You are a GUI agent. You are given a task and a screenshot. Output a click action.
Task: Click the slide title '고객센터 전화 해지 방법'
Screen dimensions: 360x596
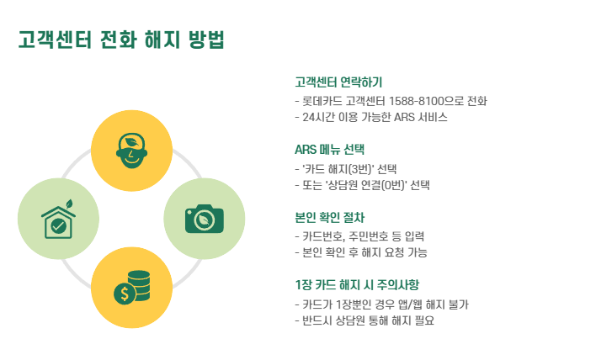[x=121, y=40]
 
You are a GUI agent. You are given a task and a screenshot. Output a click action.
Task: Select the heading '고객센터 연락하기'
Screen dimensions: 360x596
[x=338, y=82]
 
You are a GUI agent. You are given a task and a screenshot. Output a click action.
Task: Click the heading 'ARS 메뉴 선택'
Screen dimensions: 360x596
[x=330, y=150]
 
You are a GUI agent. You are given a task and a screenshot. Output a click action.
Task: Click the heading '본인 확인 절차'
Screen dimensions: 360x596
[x=330, y=217]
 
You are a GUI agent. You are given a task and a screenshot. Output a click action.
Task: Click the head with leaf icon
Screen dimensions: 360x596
[x=130, y=149]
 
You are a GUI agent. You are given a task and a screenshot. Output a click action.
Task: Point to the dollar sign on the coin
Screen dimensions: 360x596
[x=125, y=294]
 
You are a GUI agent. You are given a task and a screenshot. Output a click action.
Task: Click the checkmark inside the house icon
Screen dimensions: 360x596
[x=58, y=225]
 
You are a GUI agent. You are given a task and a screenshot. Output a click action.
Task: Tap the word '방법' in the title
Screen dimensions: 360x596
[x=205, y=40]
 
